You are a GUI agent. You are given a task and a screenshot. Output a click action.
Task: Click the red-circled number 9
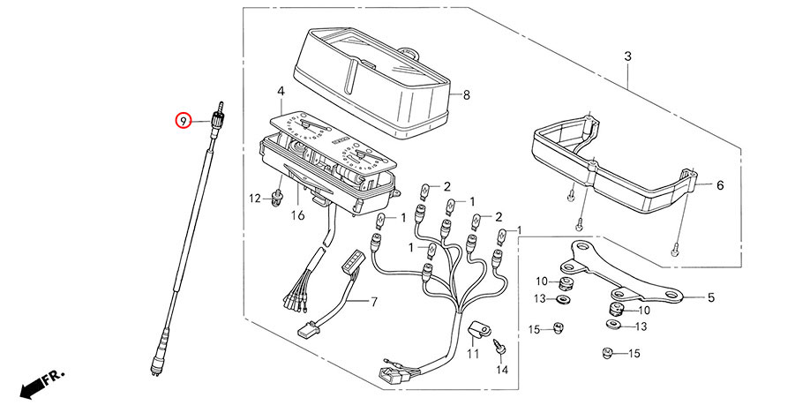tap(183, 120)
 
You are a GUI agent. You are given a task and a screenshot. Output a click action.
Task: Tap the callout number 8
tap(467, 94)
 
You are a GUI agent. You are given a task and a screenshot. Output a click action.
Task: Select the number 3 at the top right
tap(627, 57)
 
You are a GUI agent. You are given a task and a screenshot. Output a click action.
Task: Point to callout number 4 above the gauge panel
tap(280, 92)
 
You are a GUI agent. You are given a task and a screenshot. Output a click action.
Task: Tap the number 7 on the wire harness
tap(372, 303)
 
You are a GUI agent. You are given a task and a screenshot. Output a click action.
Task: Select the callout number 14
tap(501, 370)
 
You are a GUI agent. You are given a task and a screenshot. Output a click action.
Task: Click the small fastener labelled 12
tap(280, 195)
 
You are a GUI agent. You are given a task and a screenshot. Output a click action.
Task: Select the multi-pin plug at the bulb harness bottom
tap(391, 371)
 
